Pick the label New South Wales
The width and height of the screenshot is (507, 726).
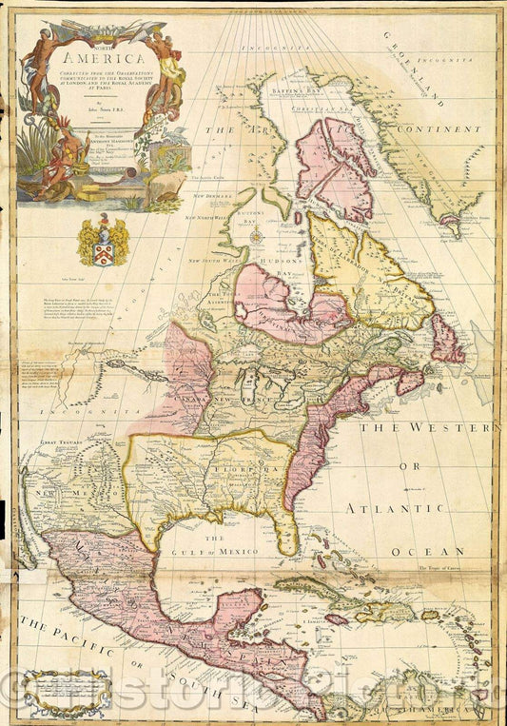(x=220, y=259)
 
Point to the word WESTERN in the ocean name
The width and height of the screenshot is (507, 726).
(x=441, y=429)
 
